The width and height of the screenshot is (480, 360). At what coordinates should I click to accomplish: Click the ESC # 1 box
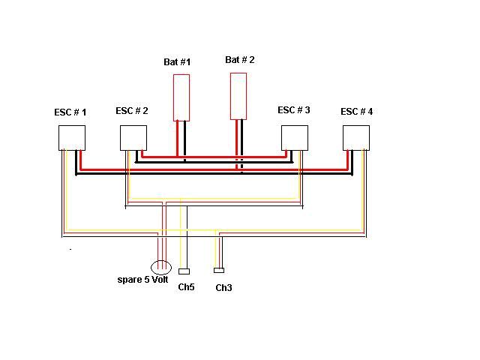[x=72, y=138]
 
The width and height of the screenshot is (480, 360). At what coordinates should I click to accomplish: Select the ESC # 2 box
[x=133, y=138]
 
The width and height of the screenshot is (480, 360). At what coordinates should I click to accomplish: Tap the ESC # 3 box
[x=295, y=138]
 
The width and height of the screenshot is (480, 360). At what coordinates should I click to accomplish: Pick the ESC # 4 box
[x=356, y=138]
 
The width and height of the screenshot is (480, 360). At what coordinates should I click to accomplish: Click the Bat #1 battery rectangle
[x=181, y=97]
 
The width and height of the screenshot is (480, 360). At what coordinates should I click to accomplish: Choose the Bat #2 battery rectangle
[x=238, y=95]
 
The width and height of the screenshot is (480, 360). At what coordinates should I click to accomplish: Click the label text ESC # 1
[x=70, y=112]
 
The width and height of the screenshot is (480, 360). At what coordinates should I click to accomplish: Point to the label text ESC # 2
[x=132, y=111]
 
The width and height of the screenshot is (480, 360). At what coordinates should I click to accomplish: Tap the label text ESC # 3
[x=294, y=110]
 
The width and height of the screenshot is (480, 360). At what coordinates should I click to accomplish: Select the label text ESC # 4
[x=357, y=112]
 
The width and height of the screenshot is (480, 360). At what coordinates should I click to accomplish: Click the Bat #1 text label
[x=177, y=62]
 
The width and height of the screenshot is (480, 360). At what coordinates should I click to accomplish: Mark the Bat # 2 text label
[x=240, y=60]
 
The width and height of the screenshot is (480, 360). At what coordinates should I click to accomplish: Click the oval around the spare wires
[x=161, y=267]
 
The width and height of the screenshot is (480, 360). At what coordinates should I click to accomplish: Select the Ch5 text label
[x=186, y=286]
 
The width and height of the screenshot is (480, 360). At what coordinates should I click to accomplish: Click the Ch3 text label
[x=223, y=287]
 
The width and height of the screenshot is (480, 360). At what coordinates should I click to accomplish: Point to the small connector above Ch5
[x=184, y=271]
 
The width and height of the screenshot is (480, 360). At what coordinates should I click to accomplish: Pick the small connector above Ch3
[x=219, y=270]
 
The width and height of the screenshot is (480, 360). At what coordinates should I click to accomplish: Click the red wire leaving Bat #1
[x=177, y=139]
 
